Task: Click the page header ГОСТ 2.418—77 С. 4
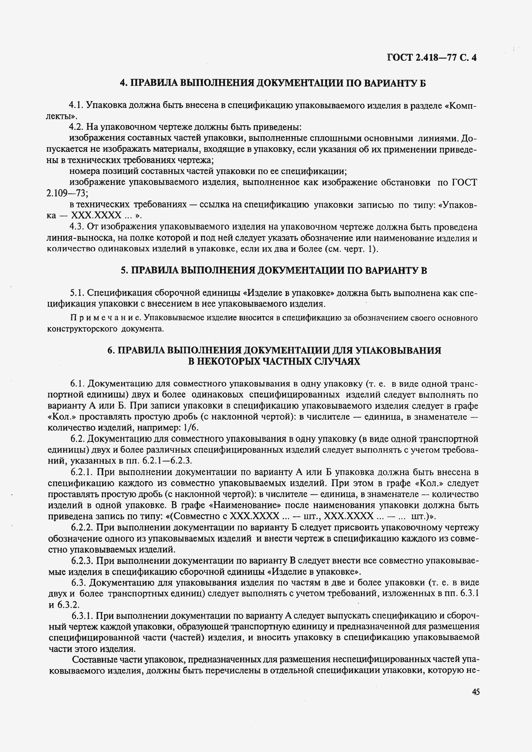click(x=432, y=58)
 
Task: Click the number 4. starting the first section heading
click(x=124, y=83)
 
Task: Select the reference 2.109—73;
click(x=67, y=194)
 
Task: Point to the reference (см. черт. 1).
click(x=351, y=249)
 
